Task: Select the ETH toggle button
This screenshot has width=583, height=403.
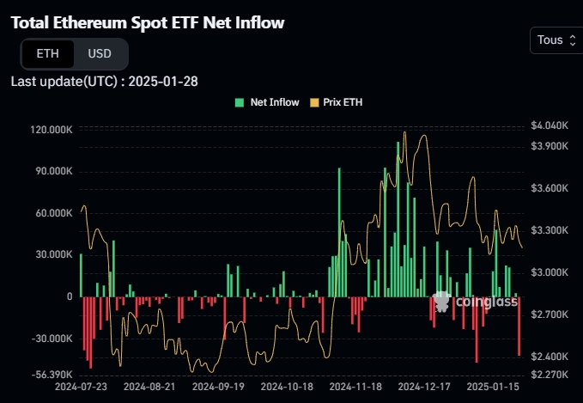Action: [48, 53]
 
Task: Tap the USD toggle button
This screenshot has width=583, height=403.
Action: [100, 53]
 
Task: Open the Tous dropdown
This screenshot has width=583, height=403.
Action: [556, 40]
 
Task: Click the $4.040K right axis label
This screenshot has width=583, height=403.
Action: [550, 125]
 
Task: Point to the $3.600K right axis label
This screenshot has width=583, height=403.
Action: [550, 188]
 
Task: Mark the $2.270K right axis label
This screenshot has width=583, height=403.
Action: [550, 375]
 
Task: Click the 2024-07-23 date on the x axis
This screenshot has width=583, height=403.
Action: [81, 388]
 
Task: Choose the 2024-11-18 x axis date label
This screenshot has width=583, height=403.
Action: [356, 388]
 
